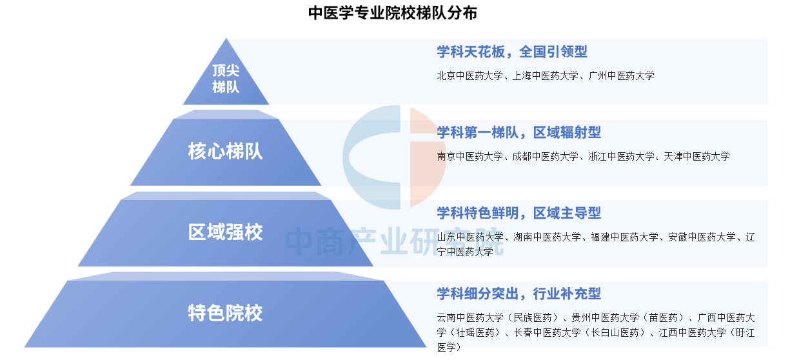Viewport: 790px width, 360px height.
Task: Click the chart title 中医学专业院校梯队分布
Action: click(x=393, y=13)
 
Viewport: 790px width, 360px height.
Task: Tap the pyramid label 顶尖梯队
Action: click(x=226, y=79)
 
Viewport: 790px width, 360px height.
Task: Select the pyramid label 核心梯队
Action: click(x=225, y=152)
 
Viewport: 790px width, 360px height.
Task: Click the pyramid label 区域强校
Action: click(x=225, y=232)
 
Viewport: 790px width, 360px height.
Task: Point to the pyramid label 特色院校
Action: click(x=225, y=313)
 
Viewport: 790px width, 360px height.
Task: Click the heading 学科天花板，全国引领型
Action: click(x=512, y=52)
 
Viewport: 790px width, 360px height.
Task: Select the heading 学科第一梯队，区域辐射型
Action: click(x=518, y=132)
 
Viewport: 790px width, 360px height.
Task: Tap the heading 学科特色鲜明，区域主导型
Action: click(x=518, y=213)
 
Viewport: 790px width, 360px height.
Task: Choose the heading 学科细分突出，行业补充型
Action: click(x=518, y=294)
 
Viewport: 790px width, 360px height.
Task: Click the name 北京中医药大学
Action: click(x=469, y=75)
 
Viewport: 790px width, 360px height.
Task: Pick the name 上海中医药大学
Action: click(x=546, y=75)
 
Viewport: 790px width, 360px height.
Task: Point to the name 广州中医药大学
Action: click(x=622, y=75)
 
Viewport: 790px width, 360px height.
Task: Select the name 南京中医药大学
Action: click(x=469, y=156)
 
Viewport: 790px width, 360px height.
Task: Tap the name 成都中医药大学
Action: click(x=546, y=156)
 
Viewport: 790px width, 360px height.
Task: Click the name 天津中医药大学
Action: click(x=697, y=156)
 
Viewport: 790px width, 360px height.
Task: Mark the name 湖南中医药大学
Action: click(x=547, y=237)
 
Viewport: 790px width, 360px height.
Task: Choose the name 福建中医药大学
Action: click(x=625, y=237)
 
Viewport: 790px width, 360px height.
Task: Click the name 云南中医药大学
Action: click(x=470, y=317)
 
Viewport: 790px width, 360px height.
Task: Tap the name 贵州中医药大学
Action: click(x=605, y=317)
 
